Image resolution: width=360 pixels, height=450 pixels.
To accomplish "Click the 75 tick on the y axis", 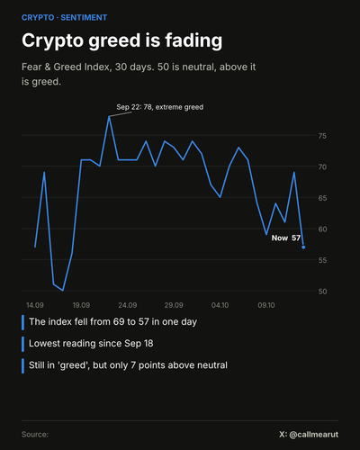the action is (x=322, y=136).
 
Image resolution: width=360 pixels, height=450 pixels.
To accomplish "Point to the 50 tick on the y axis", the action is (x=322, y=292).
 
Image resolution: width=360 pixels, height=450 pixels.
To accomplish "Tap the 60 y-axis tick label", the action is (x=322, y=229).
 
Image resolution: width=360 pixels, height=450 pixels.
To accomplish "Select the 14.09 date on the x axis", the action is (x=35, y=305).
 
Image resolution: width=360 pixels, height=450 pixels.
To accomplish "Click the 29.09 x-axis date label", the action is (x=174, y=305).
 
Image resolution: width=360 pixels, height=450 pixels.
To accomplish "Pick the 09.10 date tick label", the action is (x=266, y=305).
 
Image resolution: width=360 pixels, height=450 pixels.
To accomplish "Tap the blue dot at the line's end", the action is (x=303, y=247).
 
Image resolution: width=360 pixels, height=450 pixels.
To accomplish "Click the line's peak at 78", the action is (x=109, y=117).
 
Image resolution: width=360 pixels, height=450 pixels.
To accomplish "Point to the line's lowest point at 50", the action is (x=63, y=291).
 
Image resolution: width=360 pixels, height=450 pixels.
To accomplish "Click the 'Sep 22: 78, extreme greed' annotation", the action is (x=160, y=107).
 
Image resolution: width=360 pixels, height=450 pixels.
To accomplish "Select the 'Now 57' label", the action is (x=286, y=238).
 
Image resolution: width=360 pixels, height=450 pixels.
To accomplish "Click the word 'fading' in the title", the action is (x=193, y=40).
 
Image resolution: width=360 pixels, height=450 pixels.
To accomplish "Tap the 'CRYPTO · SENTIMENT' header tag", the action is (x=64, y=18).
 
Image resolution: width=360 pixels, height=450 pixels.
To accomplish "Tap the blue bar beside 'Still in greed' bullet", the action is (x=22, y=365).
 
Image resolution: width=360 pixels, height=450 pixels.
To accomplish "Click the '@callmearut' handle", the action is (x=314, y=435).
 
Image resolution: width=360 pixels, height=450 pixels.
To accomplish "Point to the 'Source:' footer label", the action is (x=35, y=435).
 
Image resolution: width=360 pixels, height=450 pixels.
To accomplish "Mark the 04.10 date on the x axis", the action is (x=220, y=305).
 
